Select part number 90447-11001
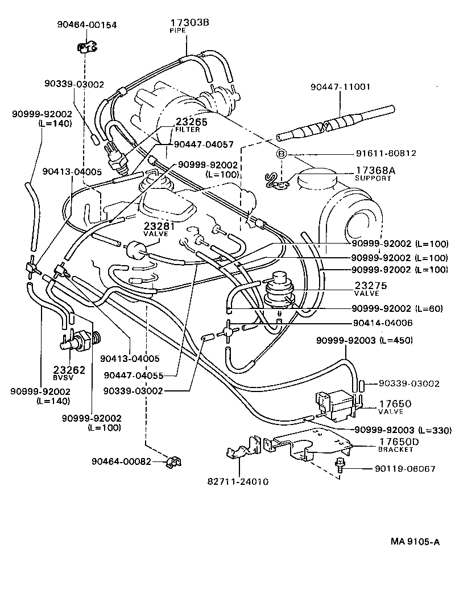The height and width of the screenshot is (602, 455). pyautogui.click(x=340, y=87)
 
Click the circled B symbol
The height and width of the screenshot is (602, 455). pyautogui.click(x=280, y=154)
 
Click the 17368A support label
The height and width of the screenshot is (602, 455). pyautogui.click(x=375, y=170)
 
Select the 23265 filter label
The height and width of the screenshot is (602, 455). pyautogui.click(x=192, y=122)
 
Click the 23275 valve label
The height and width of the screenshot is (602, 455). pyautogui.click(x=370, y=286)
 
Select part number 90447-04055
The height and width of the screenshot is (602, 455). pyautogui.click(x=142, y=376)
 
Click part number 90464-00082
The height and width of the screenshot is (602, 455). pyautogui.click(x=121, y=461)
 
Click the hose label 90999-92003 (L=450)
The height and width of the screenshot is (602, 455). pyautogui.click(x=365, y=340)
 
